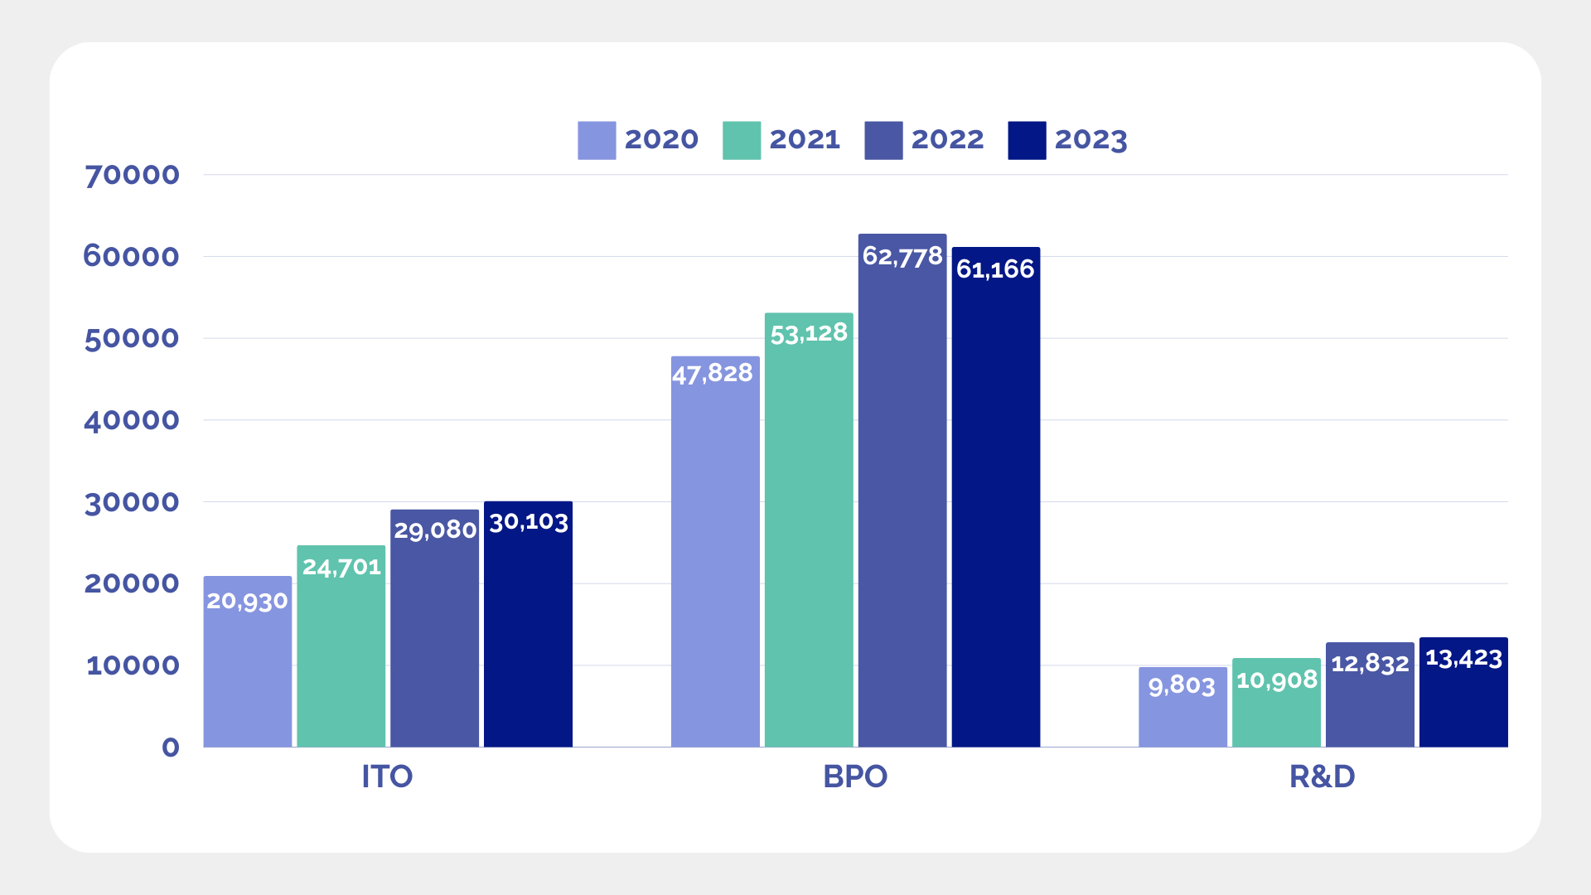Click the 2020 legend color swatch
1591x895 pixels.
point(597,140)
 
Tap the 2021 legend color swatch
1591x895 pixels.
point(742,140)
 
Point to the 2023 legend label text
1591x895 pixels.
point(1090,140)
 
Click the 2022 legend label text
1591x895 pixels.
point(947,140)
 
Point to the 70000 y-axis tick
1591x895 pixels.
point(132,175)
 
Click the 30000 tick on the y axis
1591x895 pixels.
point(132,502)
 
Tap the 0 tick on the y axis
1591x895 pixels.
point(171,747)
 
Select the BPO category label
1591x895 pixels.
point(855,776)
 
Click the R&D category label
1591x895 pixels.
point(1323,776)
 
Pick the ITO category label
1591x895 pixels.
point(387,776)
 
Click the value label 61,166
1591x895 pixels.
point(995,269)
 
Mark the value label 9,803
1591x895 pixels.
point(1182,685)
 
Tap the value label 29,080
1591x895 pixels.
point(435,530)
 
